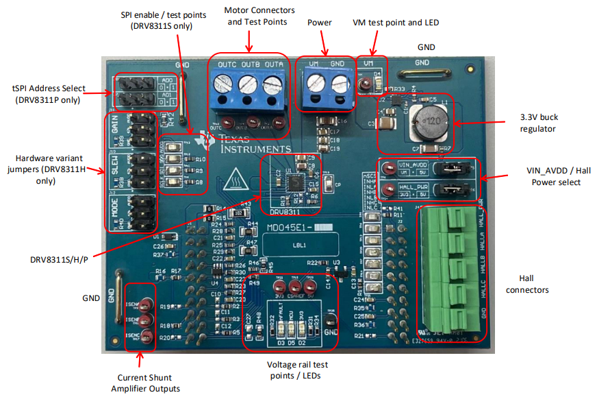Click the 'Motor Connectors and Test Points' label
pyautogui.click(x=259, y=16)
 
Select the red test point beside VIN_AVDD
pyautogui.click(x=388, y=166)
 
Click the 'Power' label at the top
pyautogui.click(x=319, y=23)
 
